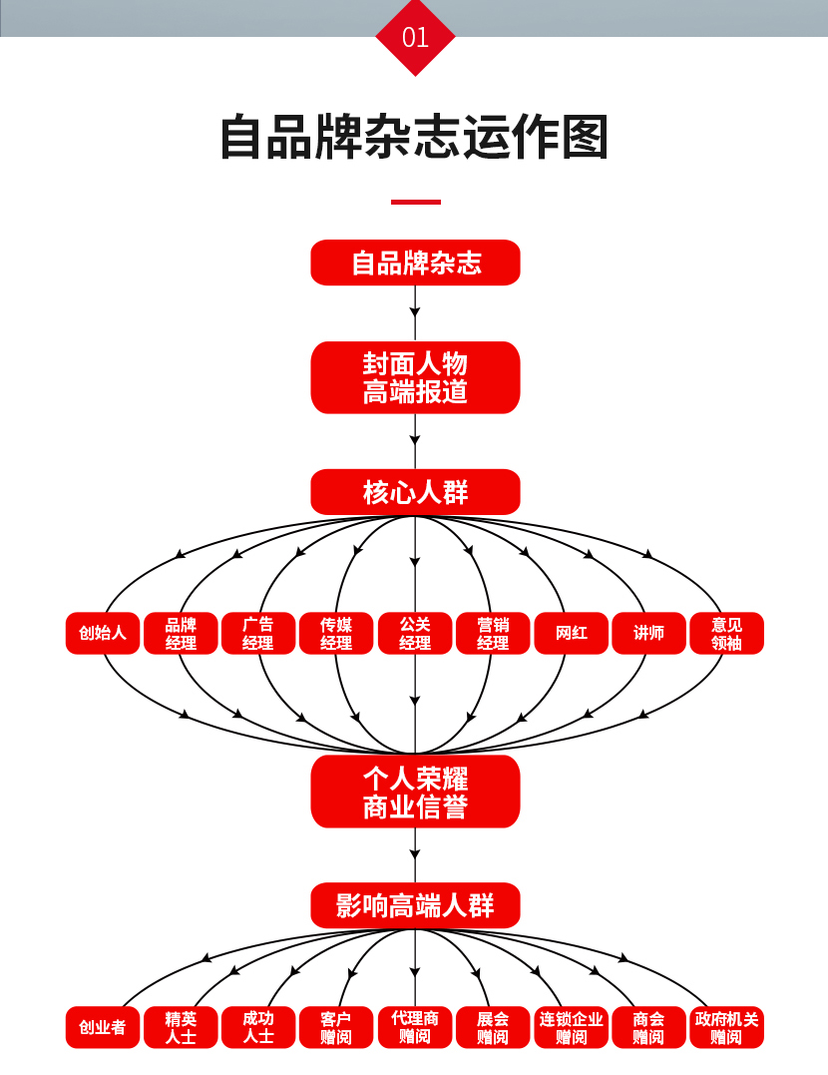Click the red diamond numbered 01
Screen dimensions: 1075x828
[415, 37]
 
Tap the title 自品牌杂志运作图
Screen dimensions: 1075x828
[414, 137]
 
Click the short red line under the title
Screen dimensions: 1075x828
[415, 202]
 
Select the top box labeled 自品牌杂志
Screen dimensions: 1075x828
[415, 263]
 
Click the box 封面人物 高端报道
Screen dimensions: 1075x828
[415, 377]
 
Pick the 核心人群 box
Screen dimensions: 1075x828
[415, 492]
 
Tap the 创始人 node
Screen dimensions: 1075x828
[103, 633]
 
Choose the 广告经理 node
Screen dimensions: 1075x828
[258, 633]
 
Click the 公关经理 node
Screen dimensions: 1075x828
[415, 633]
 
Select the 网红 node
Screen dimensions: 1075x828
[572, 633]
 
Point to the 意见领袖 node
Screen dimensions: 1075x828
[727, 633]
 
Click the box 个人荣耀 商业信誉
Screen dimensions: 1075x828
[415, 792]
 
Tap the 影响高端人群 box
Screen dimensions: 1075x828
[415, 906]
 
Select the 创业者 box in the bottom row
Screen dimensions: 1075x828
[103, 1027]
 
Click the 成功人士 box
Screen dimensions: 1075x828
[258, 1027]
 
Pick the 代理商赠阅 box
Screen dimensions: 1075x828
[415, 1027]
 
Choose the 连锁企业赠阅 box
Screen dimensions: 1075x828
[572, 1027]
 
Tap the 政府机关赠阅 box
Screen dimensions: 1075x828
[727, 1027]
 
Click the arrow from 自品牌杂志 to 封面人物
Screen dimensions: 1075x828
[415, 313]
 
